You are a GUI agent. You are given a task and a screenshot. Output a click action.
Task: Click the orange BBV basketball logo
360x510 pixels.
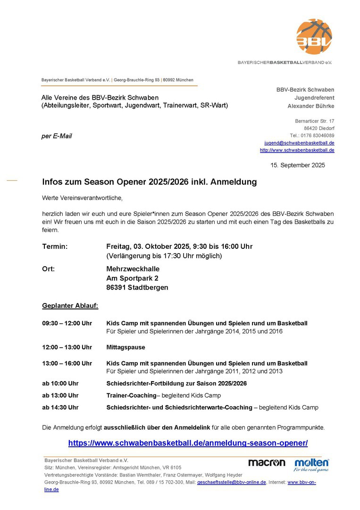314,37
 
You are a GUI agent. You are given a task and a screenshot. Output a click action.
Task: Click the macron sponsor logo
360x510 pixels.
267,463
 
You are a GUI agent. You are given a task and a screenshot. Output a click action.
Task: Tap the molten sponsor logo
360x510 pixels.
311,464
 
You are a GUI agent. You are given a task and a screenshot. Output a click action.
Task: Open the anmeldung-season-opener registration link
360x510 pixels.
188,443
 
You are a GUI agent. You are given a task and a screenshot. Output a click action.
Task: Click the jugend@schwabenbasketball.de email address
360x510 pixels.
299,143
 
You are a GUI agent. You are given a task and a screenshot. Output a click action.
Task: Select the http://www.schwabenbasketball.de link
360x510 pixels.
297,150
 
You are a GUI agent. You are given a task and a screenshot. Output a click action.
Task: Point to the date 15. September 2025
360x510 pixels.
298,165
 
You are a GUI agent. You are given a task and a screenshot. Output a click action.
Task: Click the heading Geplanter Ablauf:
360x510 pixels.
70,306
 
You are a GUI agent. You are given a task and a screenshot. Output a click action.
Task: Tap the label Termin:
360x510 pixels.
55,246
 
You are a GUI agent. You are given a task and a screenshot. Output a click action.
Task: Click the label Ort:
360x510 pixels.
49,269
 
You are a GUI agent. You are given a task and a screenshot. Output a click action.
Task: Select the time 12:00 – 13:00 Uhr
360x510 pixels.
67,347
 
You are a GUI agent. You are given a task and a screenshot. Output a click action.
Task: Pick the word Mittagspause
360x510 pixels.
126,347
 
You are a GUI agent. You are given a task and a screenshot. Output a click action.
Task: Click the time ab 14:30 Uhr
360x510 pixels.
60,408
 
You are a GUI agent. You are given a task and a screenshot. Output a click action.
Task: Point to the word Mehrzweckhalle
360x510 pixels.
133,269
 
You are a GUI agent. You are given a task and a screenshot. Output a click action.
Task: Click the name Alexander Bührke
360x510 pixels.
311,106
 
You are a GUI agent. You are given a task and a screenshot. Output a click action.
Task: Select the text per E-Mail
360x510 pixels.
57,136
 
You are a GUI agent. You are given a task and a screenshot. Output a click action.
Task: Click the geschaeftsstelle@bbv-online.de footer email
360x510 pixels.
231,482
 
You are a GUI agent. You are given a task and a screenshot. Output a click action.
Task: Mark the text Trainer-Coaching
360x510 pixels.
131,395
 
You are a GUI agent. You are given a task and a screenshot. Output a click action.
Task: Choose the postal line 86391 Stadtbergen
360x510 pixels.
137,287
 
